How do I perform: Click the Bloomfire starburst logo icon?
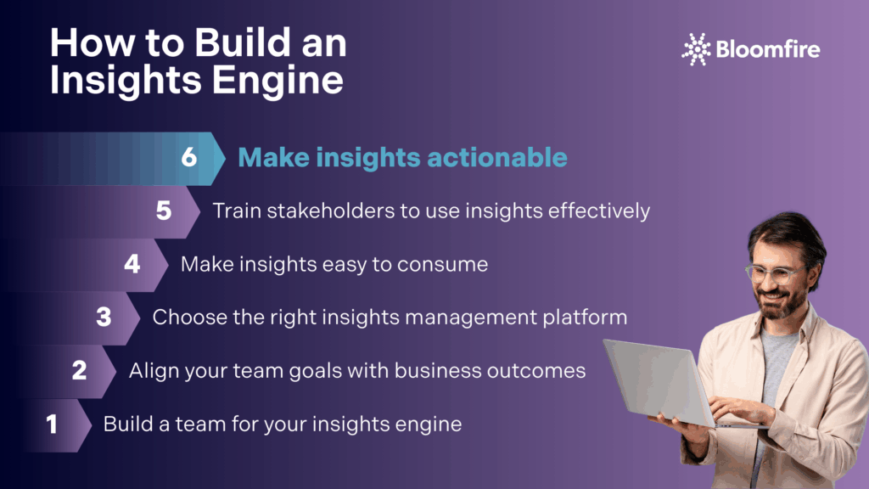(x=696, y=49)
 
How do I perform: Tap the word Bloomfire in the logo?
(x=767, y=49)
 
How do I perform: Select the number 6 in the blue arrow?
(x=189, y=157)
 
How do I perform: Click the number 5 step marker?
(x=164, y=211)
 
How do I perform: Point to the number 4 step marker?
(x=132, y=264)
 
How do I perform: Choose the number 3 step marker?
(x=104, y=318)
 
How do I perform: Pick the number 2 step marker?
(x=79, y=370)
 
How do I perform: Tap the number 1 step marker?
(x=52, y=424)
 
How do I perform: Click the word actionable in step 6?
(x=497, y=157)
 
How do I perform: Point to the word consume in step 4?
(x=442, y=265)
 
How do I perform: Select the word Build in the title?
(x=242, y=42)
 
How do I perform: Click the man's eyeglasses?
(x=775, y=273)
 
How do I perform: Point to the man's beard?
(x=782, y=303)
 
